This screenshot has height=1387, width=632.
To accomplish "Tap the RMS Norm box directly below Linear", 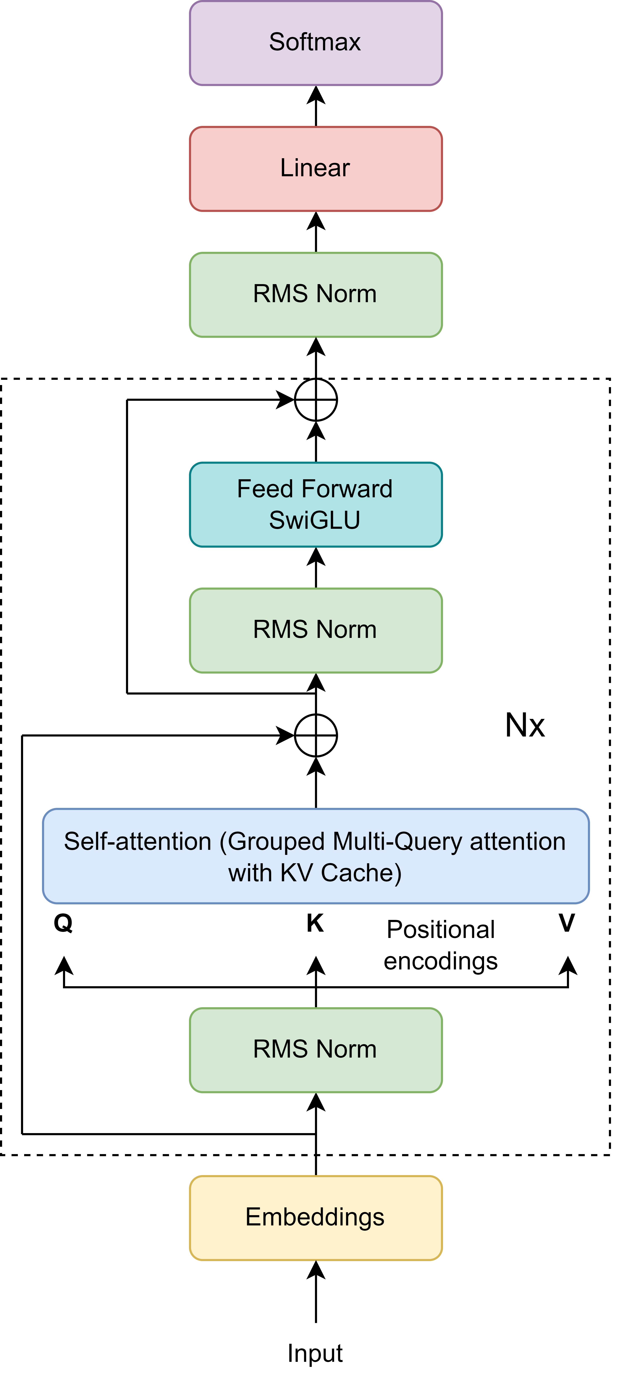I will coord(316,295).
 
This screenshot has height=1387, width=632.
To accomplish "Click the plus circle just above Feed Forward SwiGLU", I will coord(316,400).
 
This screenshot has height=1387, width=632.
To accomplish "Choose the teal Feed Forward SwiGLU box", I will coord(316,504).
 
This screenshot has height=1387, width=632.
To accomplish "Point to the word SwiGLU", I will coord(315,520).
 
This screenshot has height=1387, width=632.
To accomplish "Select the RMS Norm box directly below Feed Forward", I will coord(316,630).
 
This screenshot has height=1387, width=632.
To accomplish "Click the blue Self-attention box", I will coord(316,856).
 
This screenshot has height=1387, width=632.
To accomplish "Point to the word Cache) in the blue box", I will coord(361,873).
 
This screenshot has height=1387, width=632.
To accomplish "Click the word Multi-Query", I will coord(397,842).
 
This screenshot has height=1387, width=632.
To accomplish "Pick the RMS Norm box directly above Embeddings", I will coord(316,1050).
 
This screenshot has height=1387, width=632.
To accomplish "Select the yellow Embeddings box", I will coord(316,1218).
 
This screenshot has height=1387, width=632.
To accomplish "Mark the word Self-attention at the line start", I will coord(137,842).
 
